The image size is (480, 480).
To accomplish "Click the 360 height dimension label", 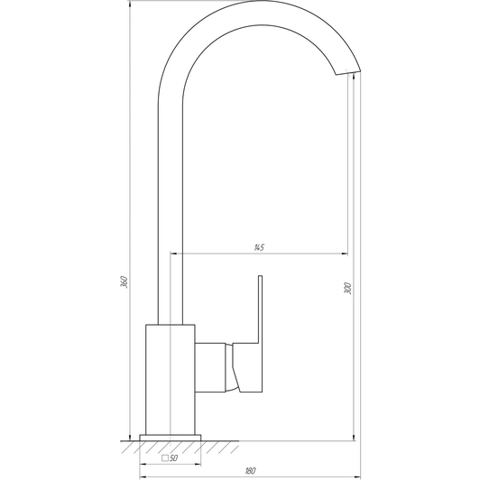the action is [124, 282].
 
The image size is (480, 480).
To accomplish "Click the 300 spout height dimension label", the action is [347, 289].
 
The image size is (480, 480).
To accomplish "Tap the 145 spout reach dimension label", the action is [259, 247].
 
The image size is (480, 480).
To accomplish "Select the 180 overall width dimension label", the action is [251, 470].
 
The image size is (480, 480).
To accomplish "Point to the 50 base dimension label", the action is [173, 458].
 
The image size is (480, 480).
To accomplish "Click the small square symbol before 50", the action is [165, 458].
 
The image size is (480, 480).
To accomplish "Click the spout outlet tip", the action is [348, 72].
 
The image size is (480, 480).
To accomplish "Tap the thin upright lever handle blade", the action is [261, 306].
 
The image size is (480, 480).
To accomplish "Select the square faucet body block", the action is [171, 379].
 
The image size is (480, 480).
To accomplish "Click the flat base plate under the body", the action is [171, 438].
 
